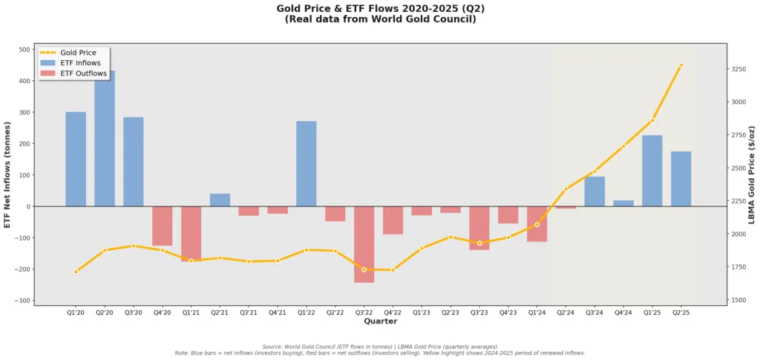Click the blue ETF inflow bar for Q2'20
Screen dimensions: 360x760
coord(105,138)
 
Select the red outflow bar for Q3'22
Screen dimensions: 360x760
coord(364,244)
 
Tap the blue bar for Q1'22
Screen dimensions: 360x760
coord(306,163)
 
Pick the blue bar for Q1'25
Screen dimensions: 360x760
coord(652,171)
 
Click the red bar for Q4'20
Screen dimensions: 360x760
coord(162,226)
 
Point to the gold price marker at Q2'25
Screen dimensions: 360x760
coord(681,65)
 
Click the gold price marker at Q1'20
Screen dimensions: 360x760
coord(76,272)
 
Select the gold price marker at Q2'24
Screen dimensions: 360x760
coord(566,189)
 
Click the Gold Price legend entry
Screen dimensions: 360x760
coord(77,53)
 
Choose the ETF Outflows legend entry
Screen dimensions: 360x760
coord(83,73)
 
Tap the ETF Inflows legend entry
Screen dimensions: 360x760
coord(80,63)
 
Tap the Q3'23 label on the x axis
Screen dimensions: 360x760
coord(479,312)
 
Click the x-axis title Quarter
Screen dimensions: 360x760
coord(380,321)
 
